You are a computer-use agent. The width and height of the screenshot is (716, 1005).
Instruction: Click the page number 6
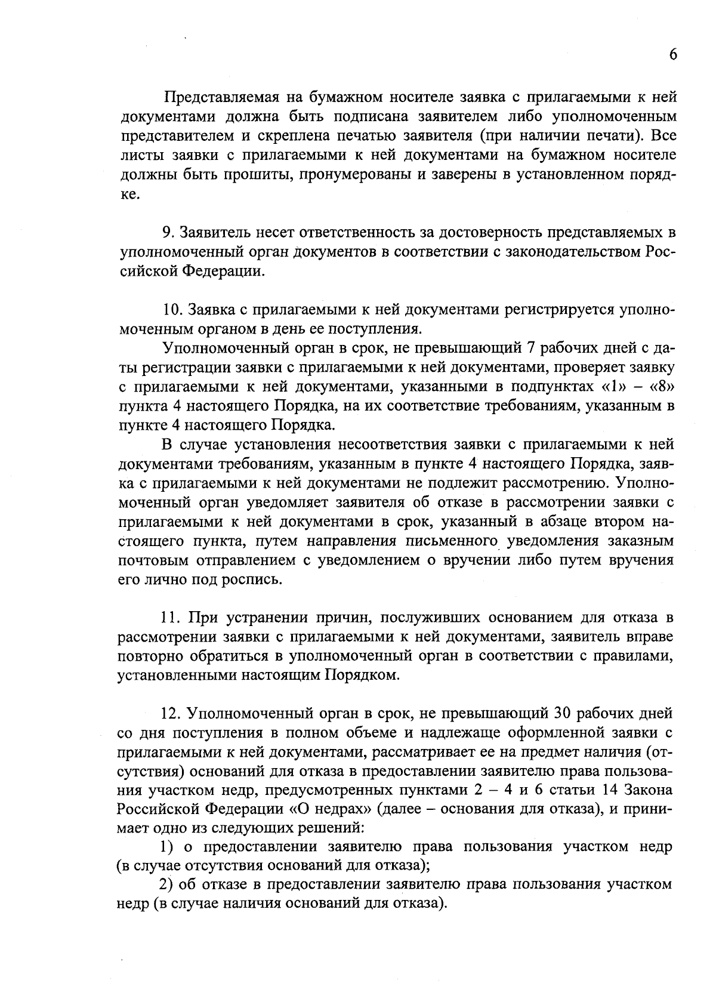(672, 54)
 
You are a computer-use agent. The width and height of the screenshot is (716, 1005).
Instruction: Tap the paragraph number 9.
(168, 232)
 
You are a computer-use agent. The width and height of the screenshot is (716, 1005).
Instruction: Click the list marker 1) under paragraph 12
(168, 847)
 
